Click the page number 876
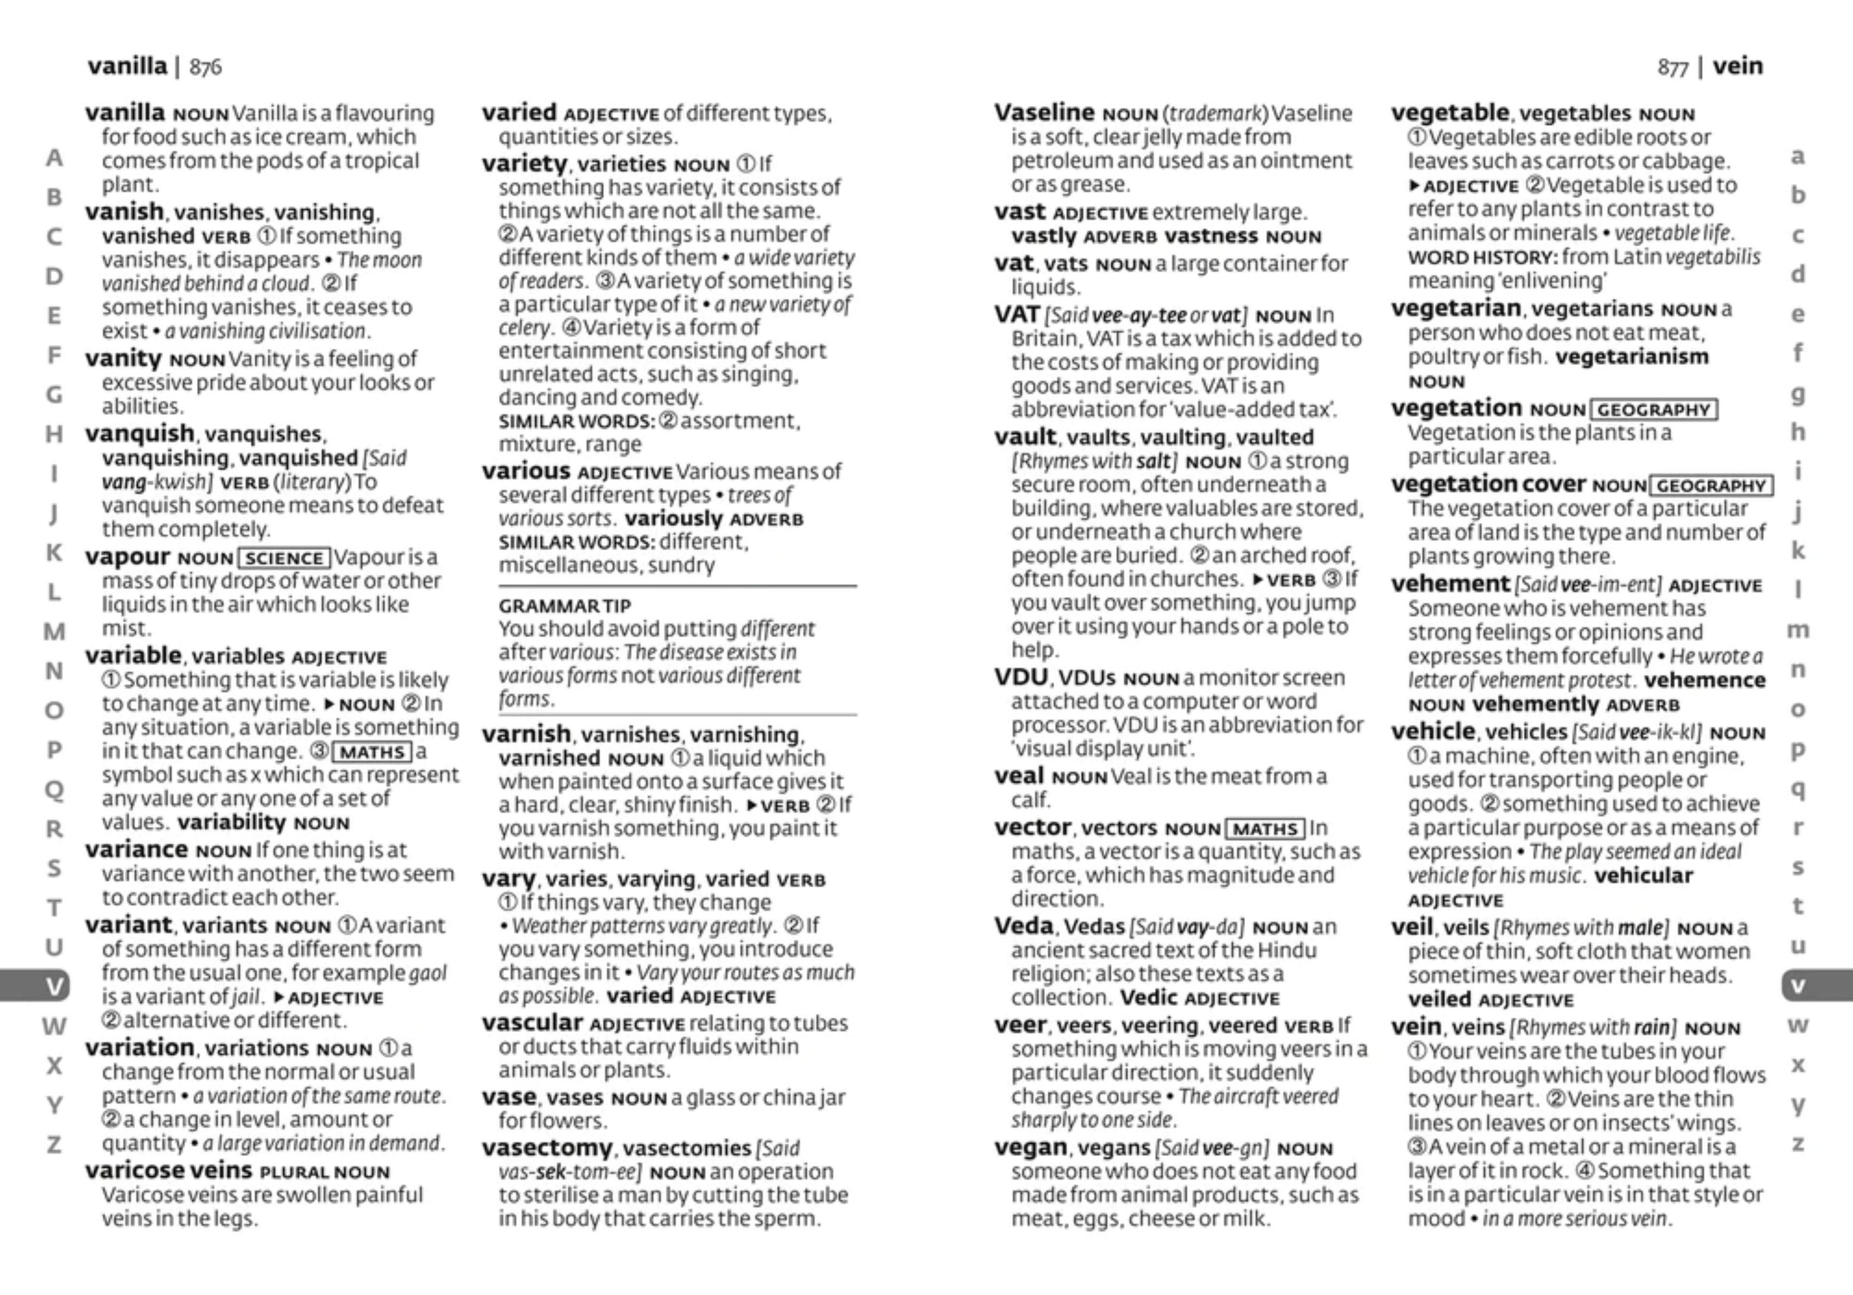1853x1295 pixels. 205,67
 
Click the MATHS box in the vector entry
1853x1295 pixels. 1265,828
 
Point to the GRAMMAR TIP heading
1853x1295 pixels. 564,606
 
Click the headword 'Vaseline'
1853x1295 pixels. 1044,113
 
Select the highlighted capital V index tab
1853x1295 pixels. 53,986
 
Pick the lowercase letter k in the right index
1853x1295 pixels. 1798,551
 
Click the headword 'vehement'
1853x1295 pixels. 1450,584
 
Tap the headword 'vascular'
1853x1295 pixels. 532,1023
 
